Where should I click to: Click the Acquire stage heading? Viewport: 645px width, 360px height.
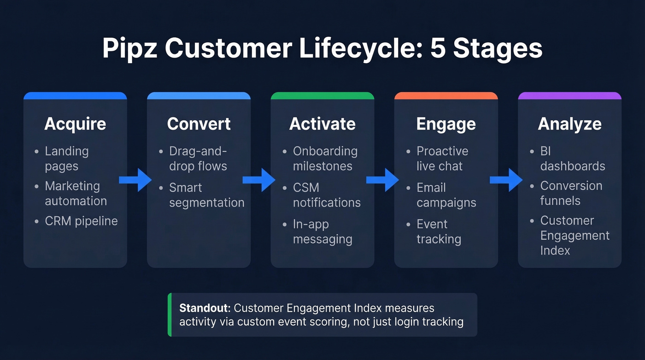75,124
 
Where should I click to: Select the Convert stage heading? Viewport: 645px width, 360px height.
199,124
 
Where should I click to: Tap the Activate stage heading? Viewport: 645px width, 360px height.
322,124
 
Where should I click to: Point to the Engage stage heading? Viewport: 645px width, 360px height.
446,124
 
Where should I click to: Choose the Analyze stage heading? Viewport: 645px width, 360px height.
569,124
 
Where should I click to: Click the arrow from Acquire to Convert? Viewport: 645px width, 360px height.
135,180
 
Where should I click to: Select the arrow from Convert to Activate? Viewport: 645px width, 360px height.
259,180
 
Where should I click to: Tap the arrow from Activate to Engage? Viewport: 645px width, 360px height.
382,180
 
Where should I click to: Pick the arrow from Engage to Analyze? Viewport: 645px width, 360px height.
506,180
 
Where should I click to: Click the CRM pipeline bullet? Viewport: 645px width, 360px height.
81,221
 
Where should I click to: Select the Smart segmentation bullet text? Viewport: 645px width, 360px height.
206,195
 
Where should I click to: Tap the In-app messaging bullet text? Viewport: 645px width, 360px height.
322,232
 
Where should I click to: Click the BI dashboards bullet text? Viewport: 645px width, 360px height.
572,159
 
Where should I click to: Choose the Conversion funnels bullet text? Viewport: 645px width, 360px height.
571,193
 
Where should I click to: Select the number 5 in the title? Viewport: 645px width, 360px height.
437,48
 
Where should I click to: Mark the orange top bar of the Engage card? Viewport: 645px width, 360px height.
446,96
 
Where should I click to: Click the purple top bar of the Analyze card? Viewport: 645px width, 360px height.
569,96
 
